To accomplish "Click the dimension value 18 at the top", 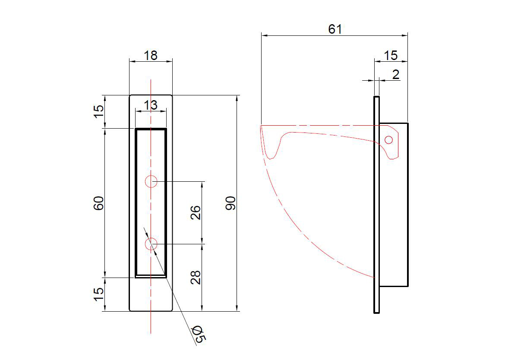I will (151, 55).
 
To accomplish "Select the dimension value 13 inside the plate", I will (151, 105).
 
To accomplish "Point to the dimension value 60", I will (99, 203).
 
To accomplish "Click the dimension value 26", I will (196, 212).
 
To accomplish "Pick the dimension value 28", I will (196, 277).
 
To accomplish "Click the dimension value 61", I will (335, 29).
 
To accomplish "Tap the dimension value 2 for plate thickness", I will (395, 74).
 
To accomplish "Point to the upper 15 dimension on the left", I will (99, 111).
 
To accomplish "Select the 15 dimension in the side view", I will (390, 55).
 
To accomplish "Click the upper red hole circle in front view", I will (151, 182).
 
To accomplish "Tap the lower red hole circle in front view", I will (151, 244).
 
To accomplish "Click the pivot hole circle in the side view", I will (388, 139).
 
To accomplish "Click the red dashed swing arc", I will (302, 234).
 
